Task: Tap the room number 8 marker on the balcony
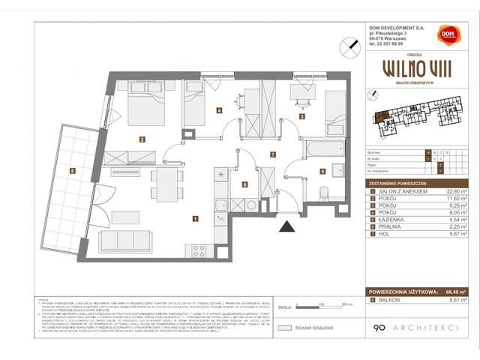pos(72,171)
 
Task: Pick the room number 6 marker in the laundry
pos(244,184)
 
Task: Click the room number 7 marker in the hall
pos(273,155)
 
